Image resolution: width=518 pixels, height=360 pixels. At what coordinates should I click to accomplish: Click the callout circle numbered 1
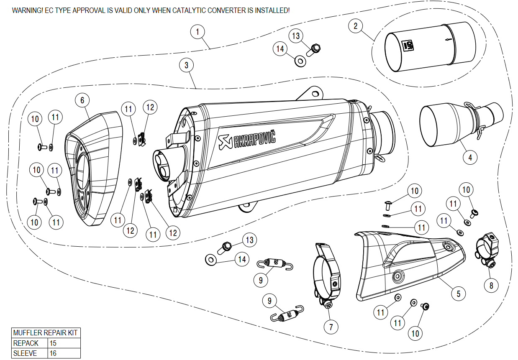coord(197,32)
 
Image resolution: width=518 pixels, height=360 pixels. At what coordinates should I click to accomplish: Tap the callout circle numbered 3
coord(186,65)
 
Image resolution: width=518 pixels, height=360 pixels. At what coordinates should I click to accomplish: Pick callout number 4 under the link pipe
coord(470,158)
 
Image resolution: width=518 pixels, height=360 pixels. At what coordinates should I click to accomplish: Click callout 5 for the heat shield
coord(458,294)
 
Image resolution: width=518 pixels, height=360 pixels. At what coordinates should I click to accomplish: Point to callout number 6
coord(82,100)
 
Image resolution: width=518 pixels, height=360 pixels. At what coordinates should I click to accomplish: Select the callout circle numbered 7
coord(331,327)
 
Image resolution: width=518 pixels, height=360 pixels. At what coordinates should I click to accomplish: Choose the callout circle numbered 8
coord(491,286)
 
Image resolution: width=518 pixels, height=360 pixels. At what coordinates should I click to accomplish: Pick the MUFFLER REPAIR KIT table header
coord(46,333)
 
